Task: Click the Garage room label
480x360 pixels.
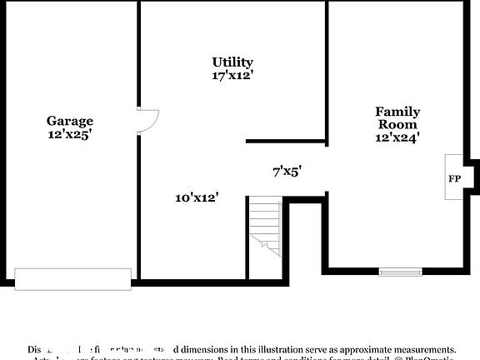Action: point(69,121)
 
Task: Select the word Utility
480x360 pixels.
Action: point(232,62)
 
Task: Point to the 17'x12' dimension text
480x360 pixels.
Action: point(232,75)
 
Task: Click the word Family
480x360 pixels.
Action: point(397,112)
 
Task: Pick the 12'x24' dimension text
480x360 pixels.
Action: point(397,137)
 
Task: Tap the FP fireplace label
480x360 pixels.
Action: point(454,178)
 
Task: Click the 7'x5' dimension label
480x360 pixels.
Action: point(287,171)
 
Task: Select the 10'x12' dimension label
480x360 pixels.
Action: point(197,197)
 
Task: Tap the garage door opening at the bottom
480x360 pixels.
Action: point(72,278)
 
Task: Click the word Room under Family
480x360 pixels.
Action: point(397,124)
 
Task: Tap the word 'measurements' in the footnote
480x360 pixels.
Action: point(425,349)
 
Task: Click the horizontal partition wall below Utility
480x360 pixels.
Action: point(285,142)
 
